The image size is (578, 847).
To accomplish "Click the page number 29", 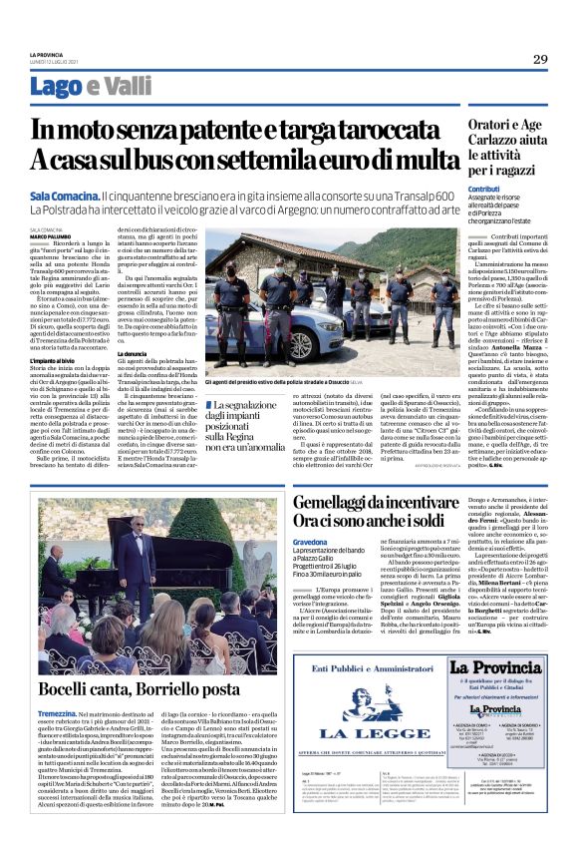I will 539,59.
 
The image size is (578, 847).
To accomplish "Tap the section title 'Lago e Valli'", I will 91,88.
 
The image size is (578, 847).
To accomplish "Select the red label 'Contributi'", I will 483,189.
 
